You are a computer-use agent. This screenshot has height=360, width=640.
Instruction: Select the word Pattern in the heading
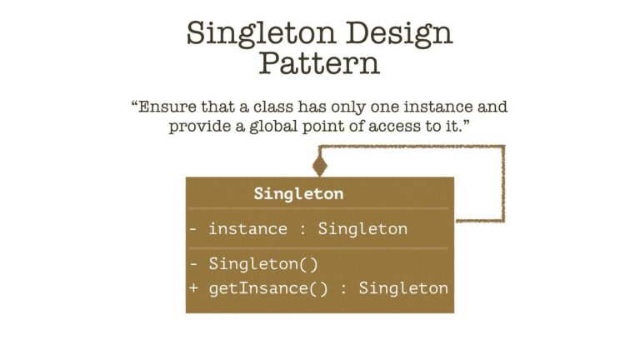319,63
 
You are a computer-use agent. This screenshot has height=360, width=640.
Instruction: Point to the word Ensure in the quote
166,107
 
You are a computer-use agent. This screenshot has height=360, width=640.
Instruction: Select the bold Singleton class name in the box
298,193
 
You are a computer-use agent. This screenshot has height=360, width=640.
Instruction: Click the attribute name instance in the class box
247,229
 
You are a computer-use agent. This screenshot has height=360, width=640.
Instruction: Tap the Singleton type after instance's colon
362,229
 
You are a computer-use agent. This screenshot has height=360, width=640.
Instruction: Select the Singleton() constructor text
263,265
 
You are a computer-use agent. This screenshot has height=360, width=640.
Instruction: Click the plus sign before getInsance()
193,288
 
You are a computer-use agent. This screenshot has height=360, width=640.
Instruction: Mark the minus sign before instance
193,229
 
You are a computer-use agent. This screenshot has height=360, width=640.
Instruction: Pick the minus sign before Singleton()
193,265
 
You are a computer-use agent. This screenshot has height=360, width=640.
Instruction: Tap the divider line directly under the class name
319,208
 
